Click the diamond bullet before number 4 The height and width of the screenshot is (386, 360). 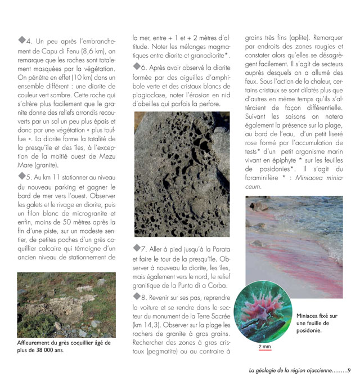pos(22,39)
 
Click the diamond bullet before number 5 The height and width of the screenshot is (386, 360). pos(22,176)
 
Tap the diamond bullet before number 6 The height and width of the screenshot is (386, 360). pos(137,66)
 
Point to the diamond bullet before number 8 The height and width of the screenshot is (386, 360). pos(137,297)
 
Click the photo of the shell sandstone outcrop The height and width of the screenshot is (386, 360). pos(66,304)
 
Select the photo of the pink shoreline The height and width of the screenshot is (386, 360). pos(294,239)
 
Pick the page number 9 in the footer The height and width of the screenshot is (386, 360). pos(349,370)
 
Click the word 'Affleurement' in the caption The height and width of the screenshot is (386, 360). pos(38,343)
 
